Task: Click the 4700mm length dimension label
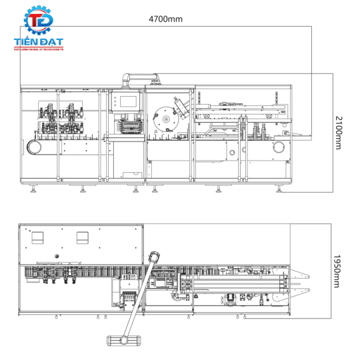coord(165,19)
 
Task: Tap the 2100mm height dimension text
coord(339,133)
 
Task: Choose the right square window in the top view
coord(83,237)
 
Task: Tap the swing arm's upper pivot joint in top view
coord(154,256)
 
